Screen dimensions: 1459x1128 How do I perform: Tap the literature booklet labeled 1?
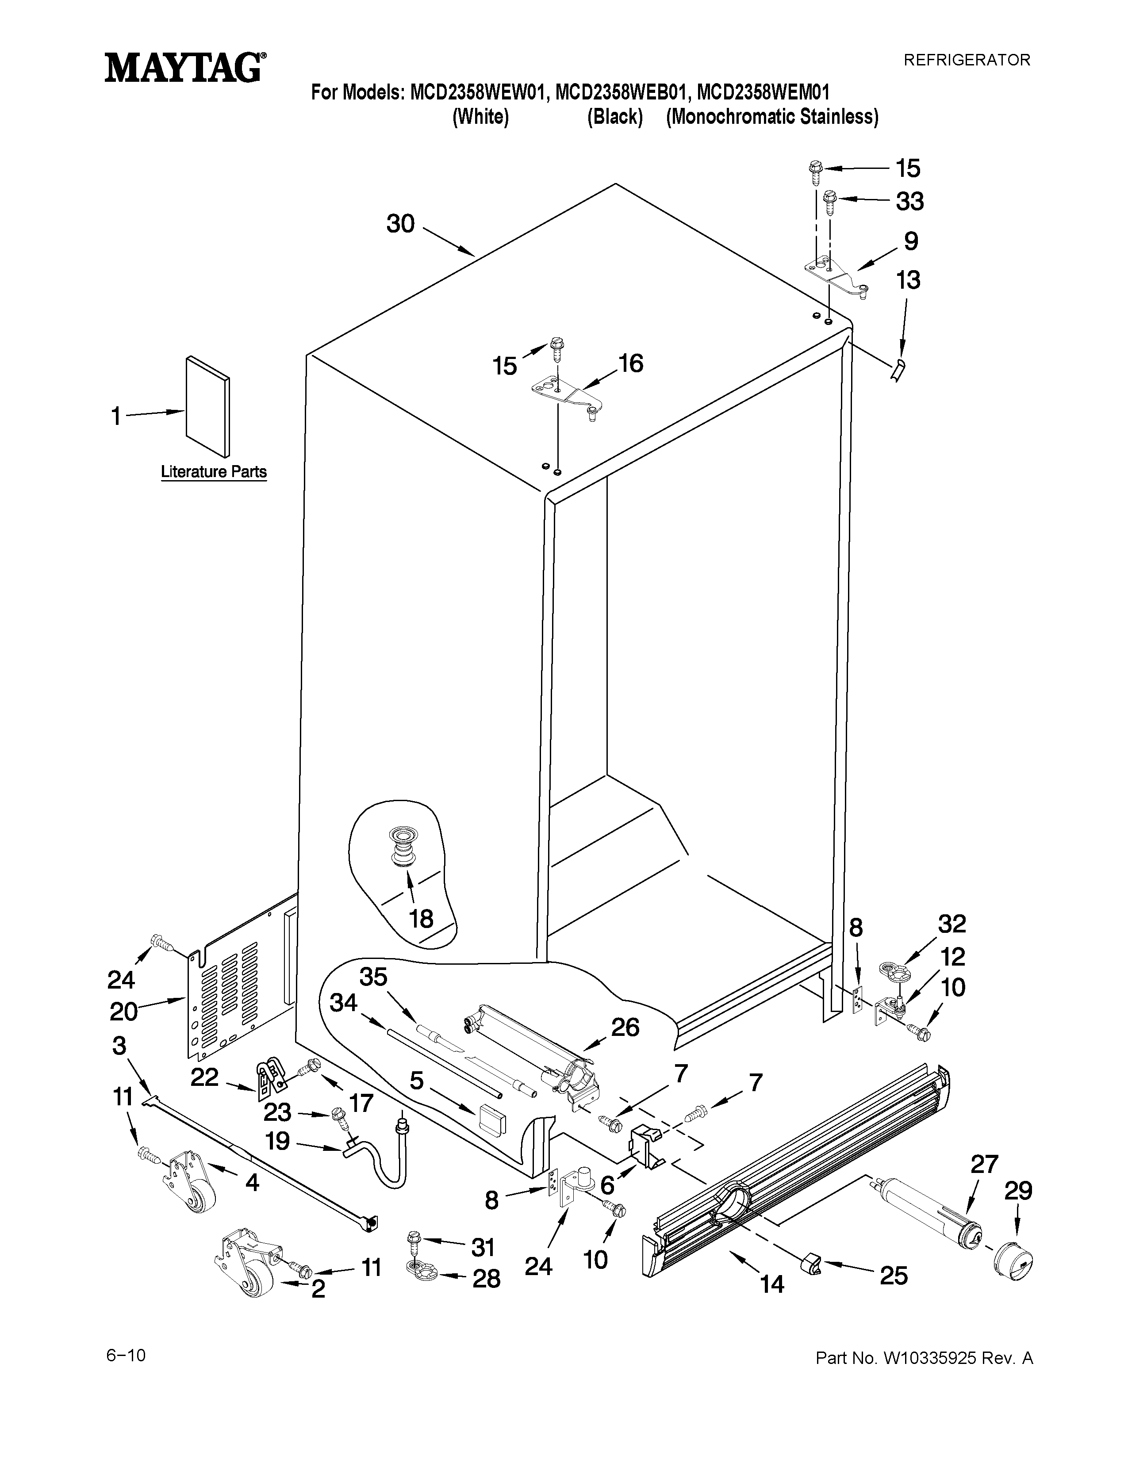[x=208, y=406]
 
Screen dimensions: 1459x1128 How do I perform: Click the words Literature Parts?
[x=213, y=472]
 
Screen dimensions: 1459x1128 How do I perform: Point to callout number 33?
[x=909, y=201]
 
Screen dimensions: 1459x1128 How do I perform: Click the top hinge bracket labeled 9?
[x=835, y=275]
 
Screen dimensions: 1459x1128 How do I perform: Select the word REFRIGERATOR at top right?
[x=966, y=60]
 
